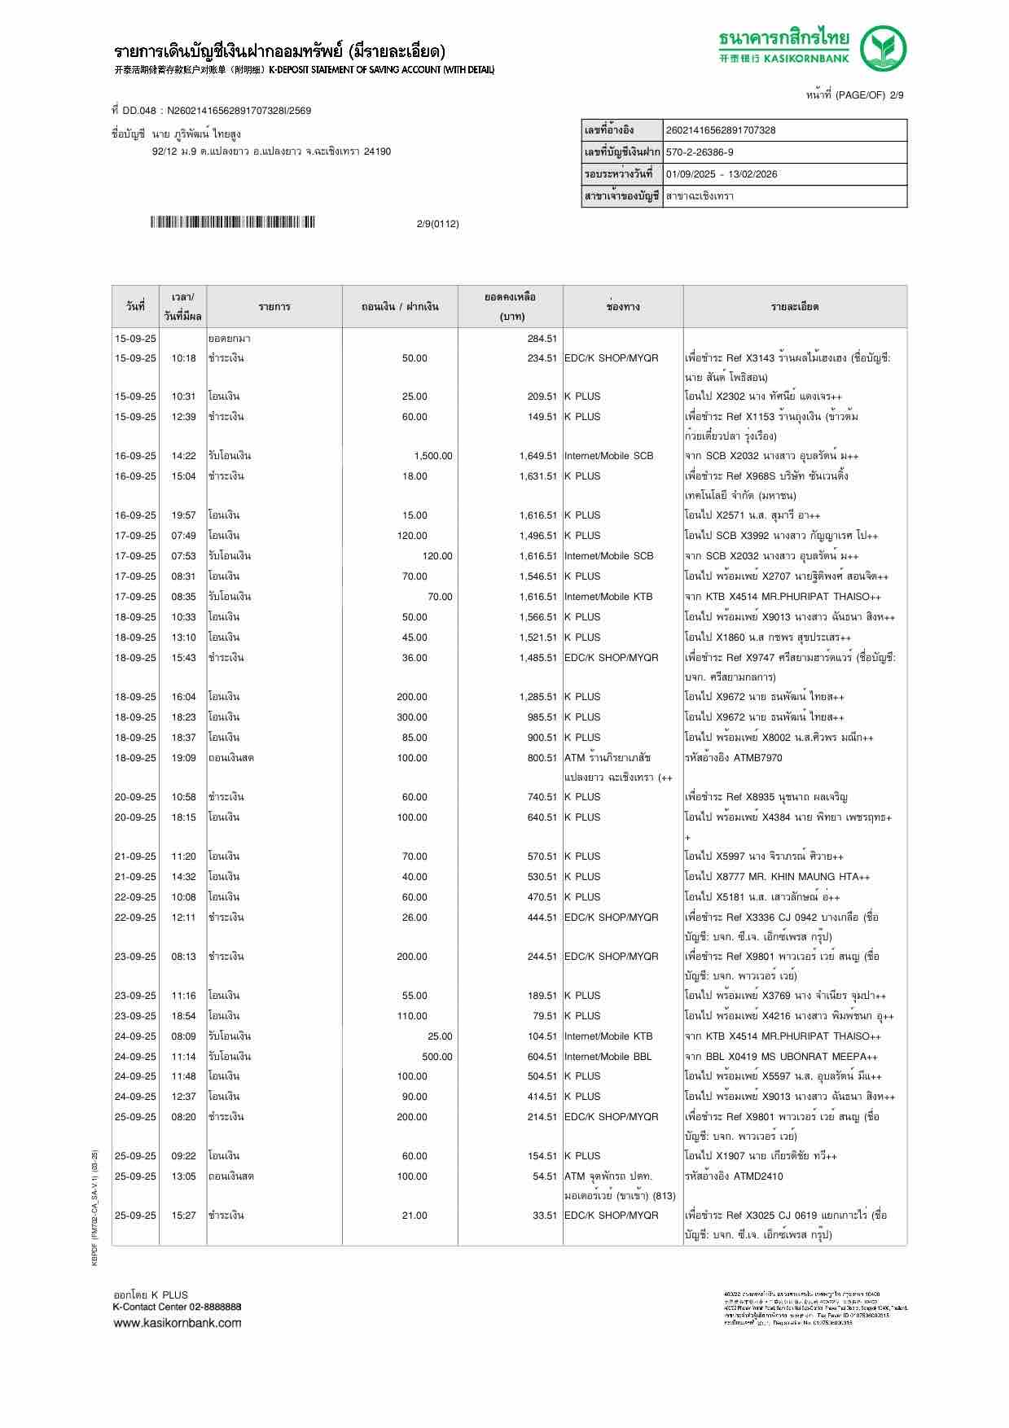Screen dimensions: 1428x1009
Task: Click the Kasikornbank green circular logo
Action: (x=884, y=49)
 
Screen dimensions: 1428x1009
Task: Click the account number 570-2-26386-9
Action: (x=700, y=152)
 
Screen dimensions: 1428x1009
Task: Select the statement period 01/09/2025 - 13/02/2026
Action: (x=721, y=174)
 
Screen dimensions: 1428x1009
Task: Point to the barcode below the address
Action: (x=232, y=222)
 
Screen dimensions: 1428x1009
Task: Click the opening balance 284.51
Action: (x=542, y=339)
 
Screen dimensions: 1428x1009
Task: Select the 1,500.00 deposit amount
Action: (x=432, y=456)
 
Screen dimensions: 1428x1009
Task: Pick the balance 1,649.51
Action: (x=537, y=456)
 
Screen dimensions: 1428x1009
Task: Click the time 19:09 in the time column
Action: (x=183, y=758)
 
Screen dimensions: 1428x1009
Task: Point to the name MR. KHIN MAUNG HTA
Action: (x=802, y=877)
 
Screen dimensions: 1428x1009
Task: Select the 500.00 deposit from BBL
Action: (x=437, y=1057)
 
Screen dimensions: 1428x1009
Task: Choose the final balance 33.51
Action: (x=545, y=1216)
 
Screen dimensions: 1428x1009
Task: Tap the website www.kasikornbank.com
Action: (x=177, y=1322)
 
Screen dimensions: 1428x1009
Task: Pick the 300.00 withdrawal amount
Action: (x=411, y=717)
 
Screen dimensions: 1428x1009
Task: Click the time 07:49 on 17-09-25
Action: (x=183, y=536)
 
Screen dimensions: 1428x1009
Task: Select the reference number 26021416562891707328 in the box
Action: (x=721, y=130)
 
